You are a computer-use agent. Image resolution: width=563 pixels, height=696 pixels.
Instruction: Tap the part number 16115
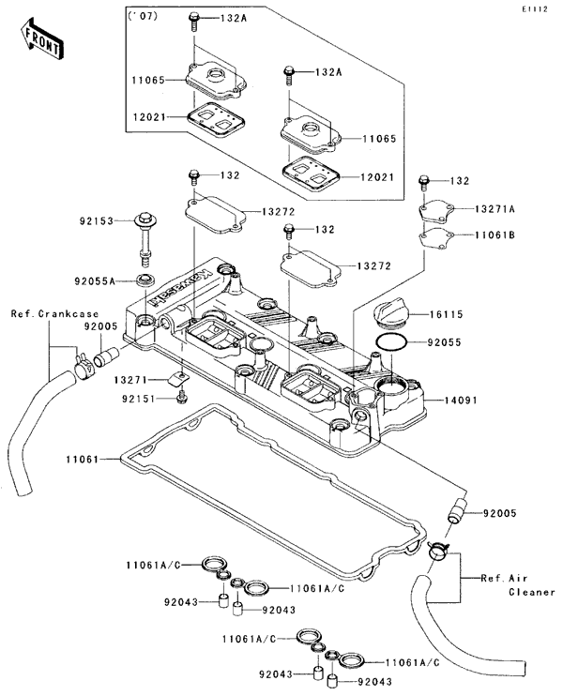pos(447,314)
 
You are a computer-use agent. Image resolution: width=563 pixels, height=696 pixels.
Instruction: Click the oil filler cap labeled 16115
pos(390,314)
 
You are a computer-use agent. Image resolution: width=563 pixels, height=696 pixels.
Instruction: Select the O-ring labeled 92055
pos(391,342)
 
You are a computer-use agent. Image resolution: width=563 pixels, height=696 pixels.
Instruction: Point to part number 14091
pos(461,400)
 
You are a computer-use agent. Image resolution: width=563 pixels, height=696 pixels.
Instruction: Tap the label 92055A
pos(95,281)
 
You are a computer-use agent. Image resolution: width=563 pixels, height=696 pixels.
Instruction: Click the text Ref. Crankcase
pos(54,314)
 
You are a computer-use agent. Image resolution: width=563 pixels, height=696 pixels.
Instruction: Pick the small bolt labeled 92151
pos(181,398)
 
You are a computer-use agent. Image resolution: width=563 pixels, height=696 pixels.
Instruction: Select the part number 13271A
pos(495,208)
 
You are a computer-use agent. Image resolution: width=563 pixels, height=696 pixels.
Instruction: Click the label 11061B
pos(495,235)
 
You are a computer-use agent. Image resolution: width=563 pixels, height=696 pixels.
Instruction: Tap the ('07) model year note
pos(143,17)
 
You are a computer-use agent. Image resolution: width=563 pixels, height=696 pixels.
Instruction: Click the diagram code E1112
pos(535,9)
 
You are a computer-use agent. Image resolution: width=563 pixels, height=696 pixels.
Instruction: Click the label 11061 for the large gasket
pos(83,459)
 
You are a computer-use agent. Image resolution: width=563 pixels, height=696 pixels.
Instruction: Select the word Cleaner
pos(532,592)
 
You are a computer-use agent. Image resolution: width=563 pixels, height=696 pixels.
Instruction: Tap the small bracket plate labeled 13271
pos(178,379)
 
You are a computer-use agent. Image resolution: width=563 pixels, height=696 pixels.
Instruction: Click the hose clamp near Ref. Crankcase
pos(84,366)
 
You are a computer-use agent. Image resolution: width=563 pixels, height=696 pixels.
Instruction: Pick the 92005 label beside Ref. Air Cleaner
pos(499,513)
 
